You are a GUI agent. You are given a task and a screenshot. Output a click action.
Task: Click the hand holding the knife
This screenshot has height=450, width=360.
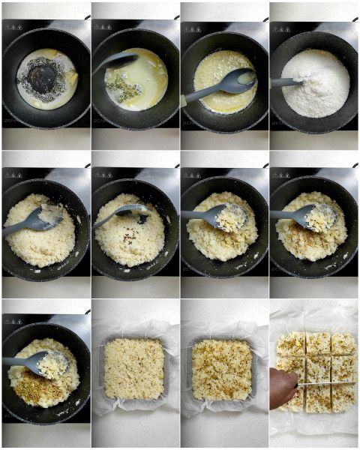pos(283,388)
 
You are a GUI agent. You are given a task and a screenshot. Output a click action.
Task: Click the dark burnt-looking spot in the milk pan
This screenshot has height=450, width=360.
pos(43,77)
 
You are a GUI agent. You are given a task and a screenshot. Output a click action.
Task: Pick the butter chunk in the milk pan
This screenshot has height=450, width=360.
pos(71,78)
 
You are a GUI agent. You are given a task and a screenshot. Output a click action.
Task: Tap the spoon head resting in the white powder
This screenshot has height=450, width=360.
pos(289,82)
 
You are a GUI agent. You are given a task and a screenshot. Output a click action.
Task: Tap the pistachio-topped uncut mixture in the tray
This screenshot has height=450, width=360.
pos(223,369)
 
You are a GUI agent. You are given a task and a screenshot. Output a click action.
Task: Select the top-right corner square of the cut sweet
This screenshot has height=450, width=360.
pos(344,343)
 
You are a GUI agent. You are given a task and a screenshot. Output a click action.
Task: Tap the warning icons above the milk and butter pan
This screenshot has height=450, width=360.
pos(13,27)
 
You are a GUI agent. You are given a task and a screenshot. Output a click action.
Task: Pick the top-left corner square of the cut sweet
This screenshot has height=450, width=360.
pos(291,344)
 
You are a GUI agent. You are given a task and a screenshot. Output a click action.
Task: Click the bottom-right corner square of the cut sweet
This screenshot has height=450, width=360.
pos(344,397)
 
